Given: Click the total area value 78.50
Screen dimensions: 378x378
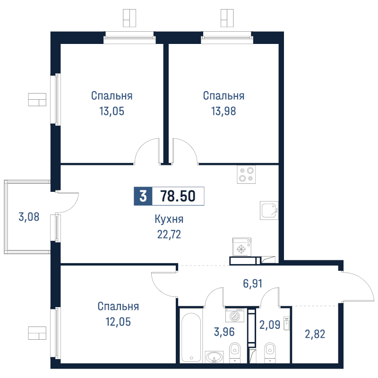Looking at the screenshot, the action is click(x=178, y=196).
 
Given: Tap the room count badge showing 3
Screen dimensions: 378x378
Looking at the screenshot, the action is click(x=143, y=196).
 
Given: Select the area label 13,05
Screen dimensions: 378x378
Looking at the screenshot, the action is click(x=112, y=112).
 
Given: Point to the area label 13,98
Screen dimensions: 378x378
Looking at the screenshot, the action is click(x=223, y=112).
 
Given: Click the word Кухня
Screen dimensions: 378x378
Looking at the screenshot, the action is click(x=169, y=219).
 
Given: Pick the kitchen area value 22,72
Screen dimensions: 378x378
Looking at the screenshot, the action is click(x=169, y=234).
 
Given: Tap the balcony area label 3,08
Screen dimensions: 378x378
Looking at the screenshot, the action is click(x=29, y=217).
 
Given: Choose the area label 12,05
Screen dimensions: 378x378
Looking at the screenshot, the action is click(x=118, y=322).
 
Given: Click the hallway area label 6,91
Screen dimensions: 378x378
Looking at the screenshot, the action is click(x=252, y=283).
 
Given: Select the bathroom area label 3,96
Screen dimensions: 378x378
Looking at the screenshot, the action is click(x=224, y=332).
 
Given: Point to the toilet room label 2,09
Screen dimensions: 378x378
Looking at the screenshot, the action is click(x=270, y=325).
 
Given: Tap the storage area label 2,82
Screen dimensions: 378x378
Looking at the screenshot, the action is click(x=315, y=334).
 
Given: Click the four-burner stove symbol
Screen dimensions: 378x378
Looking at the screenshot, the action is click(x=246, y=174).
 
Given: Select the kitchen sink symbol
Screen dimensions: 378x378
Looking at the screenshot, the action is click(x=269, y=210).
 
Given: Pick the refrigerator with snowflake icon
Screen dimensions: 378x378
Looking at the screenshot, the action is click(x=242, y=247).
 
